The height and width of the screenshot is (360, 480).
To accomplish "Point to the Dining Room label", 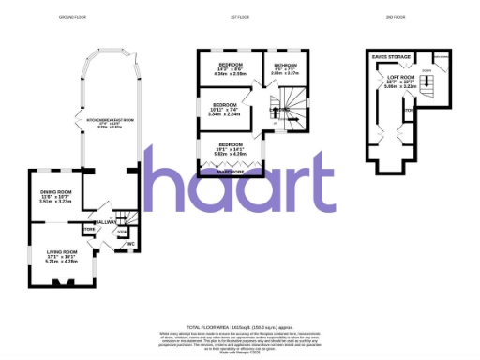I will tap(55, 195).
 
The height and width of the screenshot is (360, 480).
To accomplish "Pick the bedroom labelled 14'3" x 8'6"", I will tap(230, 68).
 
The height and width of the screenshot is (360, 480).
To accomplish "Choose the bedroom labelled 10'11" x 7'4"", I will tap(225, 109).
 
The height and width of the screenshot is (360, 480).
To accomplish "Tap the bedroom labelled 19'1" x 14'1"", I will tap(231, 148).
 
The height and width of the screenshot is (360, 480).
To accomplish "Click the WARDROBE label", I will tap(230, 172).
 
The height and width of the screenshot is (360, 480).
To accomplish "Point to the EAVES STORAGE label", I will tap(389, 56).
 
